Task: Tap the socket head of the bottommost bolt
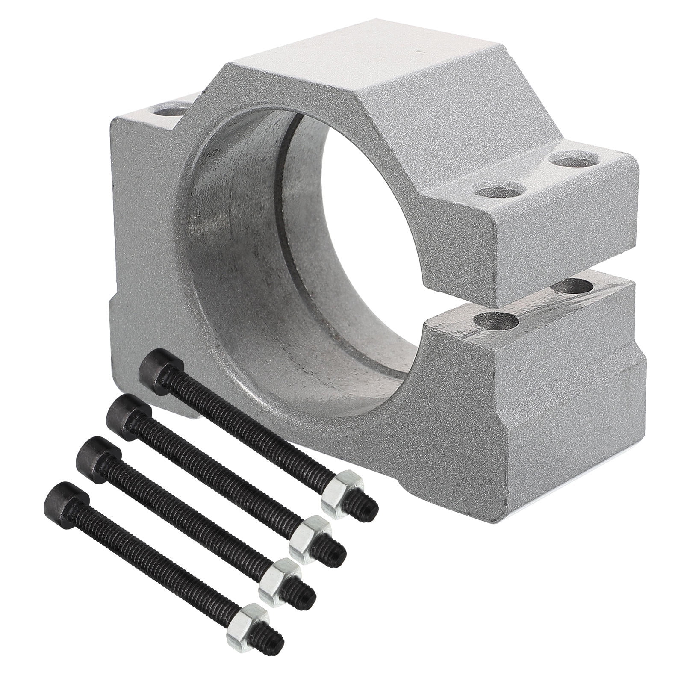[x=66, y=500]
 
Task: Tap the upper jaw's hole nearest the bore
[x=498, y=189]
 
